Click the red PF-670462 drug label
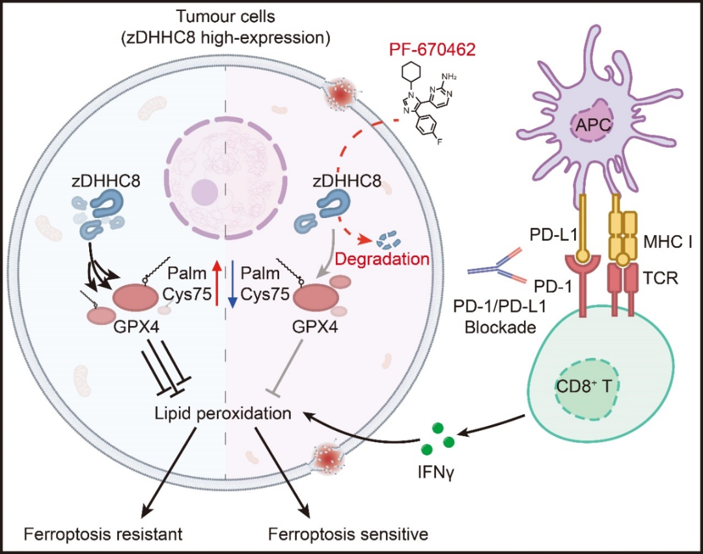point(432,49)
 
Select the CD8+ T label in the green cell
point(583,386)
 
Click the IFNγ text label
point(436,472)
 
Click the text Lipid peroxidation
point(223,413)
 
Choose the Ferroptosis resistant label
point(103,534)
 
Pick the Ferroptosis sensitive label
point(348,534)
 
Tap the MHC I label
point(668,242)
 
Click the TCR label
point(661,279)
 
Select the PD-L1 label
point(553,235)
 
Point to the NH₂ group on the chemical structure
point(448,77)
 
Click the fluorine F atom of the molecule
point(439,142)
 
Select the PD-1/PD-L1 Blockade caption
point(500,317)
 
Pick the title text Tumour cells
point(225,16)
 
